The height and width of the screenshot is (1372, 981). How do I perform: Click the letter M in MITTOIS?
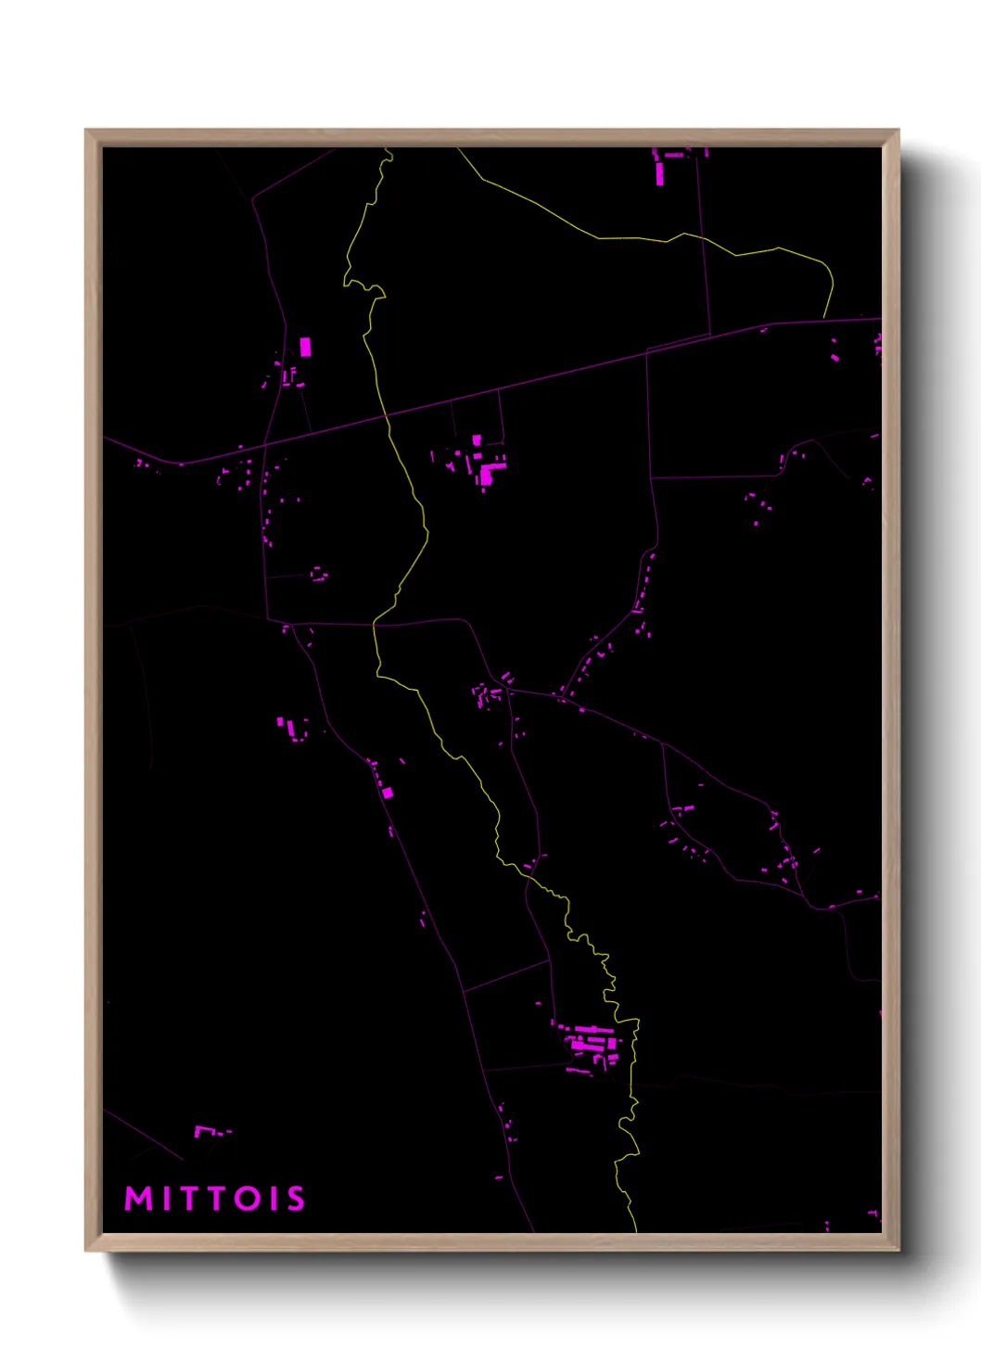click(x=138, y=1199)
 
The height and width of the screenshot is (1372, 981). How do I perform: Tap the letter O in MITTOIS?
click(x=248, y=1199)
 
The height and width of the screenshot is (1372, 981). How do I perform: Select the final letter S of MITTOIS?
click(x=295, y=1199)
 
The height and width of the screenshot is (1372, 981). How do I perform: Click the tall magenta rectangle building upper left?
click(x=305, y=348)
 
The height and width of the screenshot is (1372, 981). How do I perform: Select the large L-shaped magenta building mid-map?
click(x=488, y=472)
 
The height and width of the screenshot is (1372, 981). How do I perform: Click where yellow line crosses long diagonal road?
click(x=387, y=418)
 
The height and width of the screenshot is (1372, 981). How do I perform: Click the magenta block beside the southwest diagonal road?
click(x=388, y=793)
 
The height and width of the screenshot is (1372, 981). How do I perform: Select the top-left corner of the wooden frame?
click(x=86, y=131)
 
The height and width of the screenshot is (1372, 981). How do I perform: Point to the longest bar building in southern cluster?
click(x=592, y=1029)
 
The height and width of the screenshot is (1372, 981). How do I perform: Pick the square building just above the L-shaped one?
click(x=477, y=440)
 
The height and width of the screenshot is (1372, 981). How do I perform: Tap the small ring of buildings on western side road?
click(x=319, y=574)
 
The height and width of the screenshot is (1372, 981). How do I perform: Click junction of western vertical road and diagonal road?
click(x=264, y=444)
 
